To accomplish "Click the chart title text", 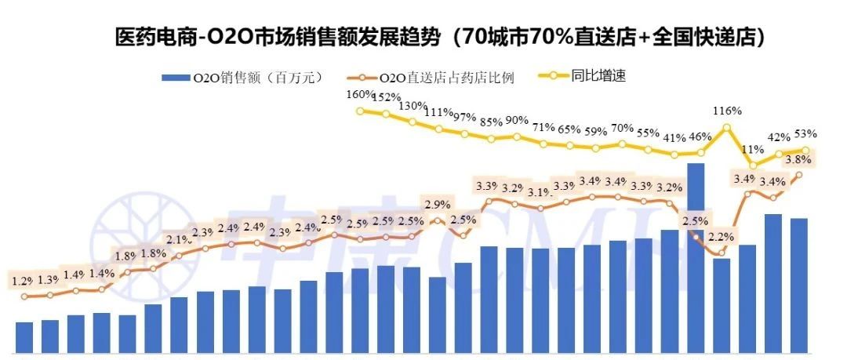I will (439, 36).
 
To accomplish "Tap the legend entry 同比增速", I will (583, 76).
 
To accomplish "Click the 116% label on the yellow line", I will (727, 111).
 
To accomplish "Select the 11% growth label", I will (752, 149).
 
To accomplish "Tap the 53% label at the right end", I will (805, 133).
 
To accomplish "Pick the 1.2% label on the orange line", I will (24, 281).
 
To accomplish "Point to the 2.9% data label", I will (437, 205).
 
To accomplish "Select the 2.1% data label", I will (178, 239).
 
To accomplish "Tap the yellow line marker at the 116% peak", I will (727, 127).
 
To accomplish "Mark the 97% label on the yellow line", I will (464, 117).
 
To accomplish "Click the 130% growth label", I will (413, 106).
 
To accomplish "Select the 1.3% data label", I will (49, 280).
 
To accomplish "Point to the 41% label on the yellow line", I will (674, 138).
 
